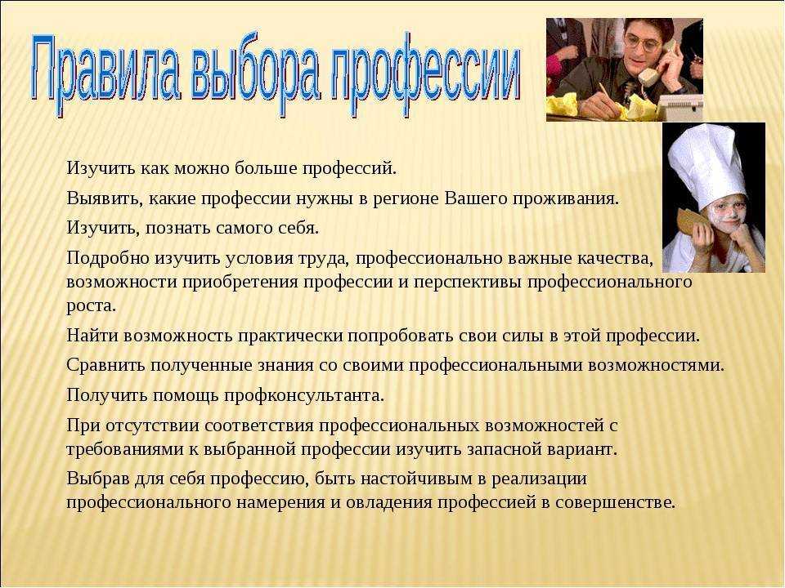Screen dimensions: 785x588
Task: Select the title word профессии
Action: (x=425, y=74)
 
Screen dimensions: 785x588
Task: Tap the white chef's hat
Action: (x=706, y=165)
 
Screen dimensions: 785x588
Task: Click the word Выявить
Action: (x=100, y=199)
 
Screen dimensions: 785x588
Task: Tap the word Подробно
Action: (x=108, y=258)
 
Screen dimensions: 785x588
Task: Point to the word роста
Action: (x=91, y=305)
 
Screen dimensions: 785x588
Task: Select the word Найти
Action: (x=92, y=335)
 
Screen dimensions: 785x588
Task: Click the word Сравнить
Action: (x=105, y=365)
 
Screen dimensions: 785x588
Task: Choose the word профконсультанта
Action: (x=304, y=395)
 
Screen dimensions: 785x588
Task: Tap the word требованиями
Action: (x=125, y=449)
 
